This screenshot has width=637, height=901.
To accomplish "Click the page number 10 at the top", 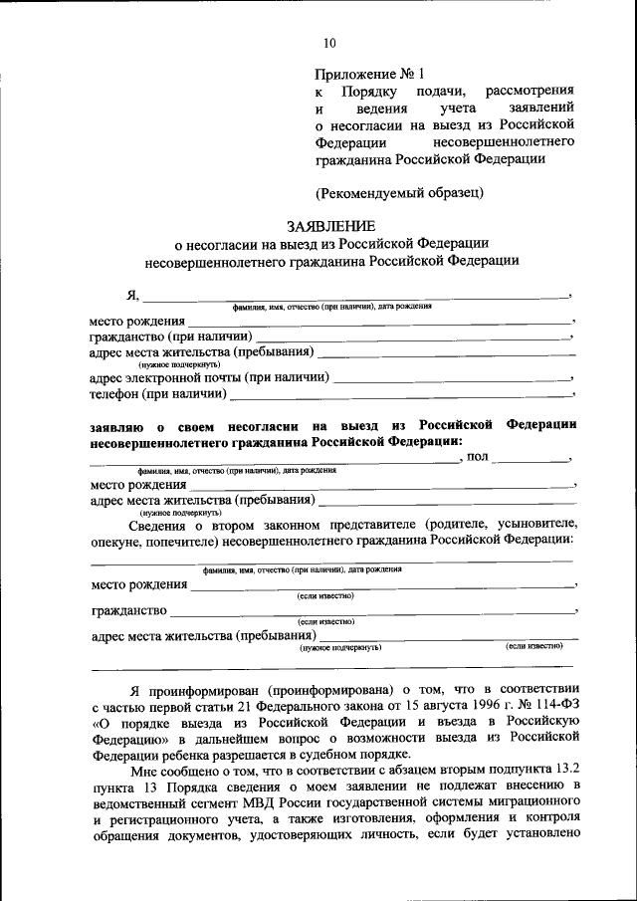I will click(x=330, y=42).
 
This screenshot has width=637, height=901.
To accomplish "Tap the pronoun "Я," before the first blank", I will click(x=132, y=295).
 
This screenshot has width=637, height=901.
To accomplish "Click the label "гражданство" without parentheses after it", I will click(x=128, y=610).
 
